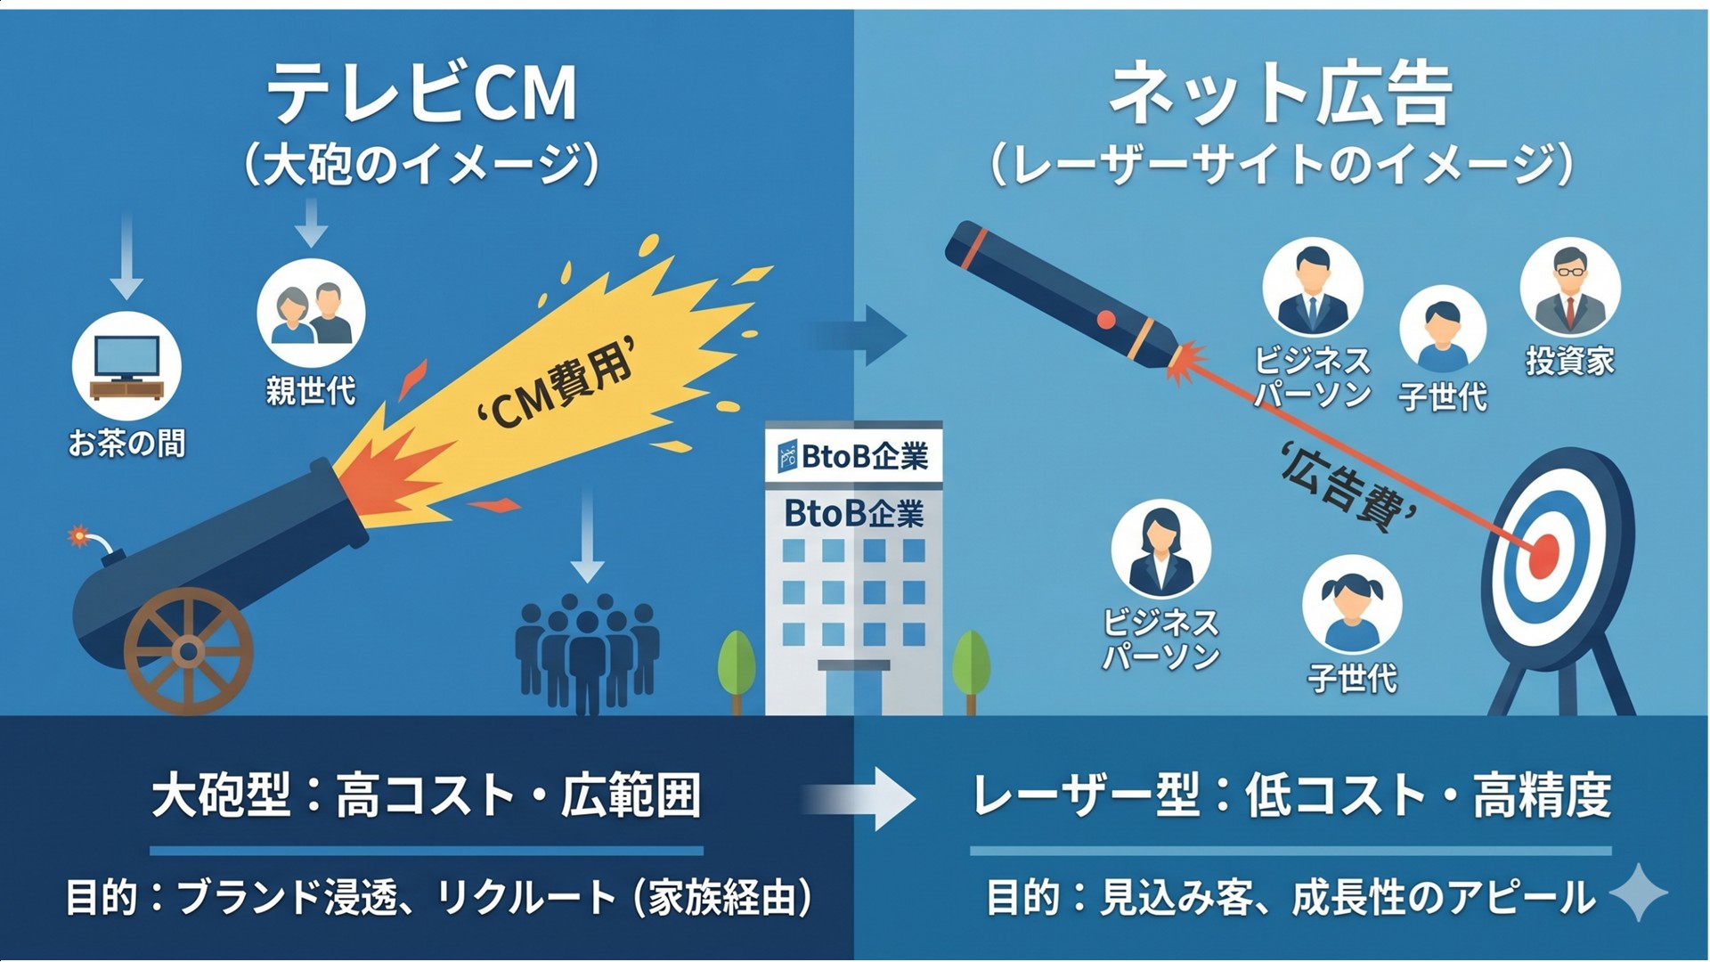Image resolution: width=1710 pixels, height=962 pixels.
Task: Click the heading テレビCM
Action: pyautogui.click(x=421, y=94)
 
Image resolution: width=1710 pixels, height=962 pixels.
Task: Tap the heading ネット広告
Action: pyautogui.click(x=1281, y=94)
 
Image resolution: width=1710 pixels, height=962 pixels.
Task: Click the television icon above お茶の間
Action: pyautogui.click(x=126, y=365)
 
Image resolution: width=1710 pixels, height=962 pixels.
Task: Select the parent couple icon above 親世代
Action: pyautogui.click(x=311, y=313)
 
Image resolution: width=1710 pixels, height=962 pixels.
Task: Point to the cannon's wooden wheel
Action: pyautogui.click(x=188, y=651)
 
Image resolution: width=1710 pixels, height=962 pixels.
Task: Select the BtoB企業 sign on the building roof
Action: pyautogui.click(x=853, y=456)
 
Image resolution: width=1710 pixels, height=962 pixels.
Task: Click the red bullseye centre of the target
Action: pyautogui.click(x=1543, y=556)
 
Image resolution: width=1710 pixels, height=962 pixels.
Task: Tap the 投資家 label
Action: pyautogui.click(x=1569, y=362)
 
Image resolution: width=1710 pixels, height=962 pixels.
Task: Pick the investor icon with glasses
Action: pyautogui.click(x=1569, y=289)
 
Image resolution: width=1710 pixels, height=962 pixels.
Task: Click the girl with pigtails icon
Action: pyautogui.click(x=1352, y=606)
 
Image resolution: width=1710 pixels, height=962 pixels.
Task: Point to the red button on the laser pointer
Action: pyautogui.click(x=1106, y=319)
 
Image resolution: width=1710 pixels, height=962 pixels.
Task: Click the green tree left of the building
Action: pyautogui.click(x=737, y=664)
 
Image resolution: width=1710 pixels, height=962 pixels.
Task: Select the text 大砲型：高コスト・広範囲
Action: pyautogui.click(x=426, y=796)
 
